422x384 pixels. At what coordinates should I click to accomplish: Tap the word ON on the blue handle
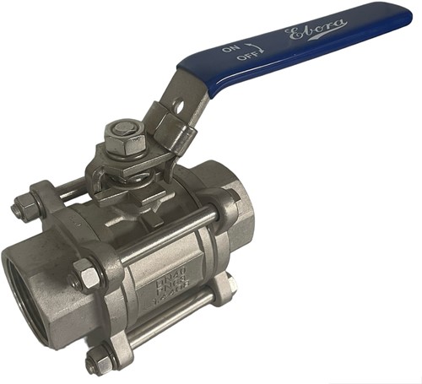(x=233, y=48)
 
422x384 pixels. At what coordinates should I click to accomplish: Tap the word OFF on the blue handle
(x=247, y=57)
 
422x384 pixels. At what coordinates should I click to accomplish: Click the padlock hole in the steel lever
(x=179, y=108)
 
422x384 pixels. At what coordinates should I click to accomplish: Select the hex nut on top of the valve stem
(x=118, y=133)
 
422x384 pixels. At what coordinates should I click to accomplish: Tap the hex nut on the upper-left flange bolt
(x=23, y=205)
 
